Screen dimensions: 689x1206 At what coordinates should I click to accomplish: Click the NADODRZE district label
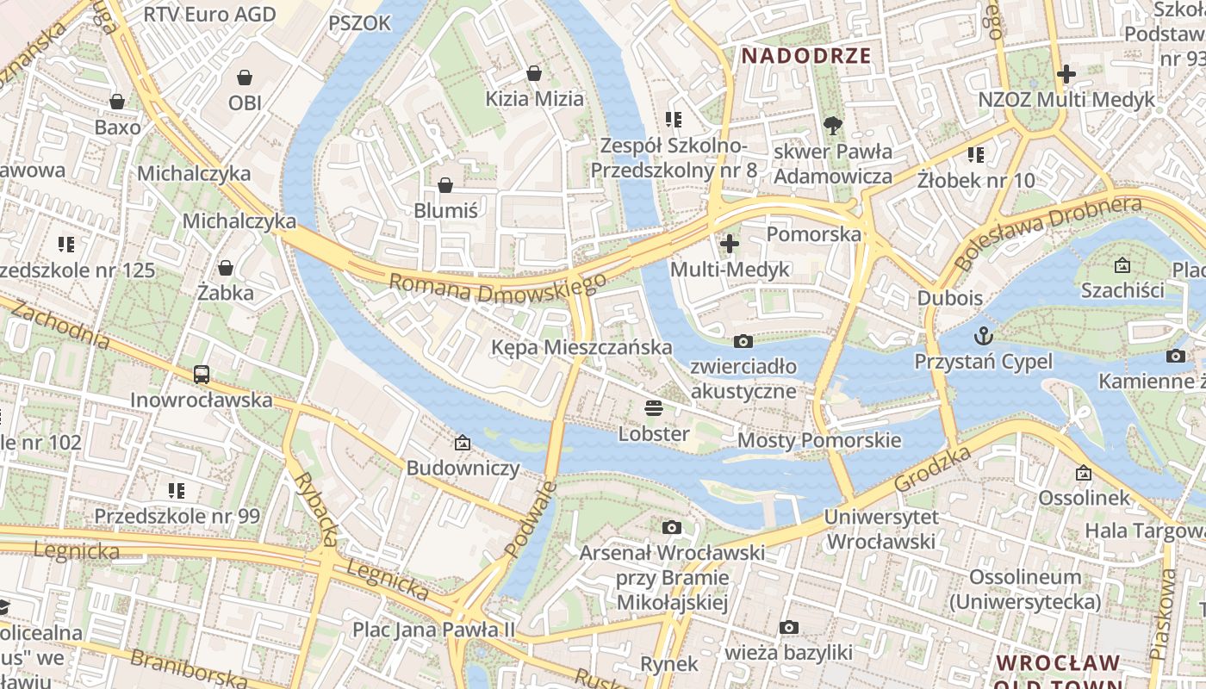pos(806,57)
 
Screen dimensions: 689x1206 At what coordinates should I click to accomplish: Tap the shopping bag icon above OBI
pos(245,78)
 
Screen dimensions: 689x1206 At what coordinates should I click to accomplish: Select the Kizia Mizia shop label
pos(534,98)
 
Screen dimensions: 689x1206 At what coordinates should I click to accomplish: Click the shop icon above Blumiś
pos(445,185)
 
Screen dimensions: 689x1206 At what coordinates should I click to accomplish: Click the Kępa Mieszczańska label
pos(581,347)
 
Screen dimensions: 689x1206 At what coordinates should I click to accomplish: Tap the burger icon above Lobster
pos(654,408)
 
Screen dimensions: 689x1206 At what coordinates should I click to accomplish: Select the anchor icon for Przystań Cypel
pos(983,335)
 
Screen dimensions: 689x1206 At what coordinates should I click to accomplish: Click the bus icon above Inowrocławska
pos(202,375)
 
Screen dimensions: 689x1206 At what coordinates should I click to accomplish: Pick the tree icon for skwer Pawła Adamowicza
pos(832,127)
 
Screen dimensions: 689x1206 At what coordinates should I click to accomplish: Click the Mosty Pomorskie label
pos(819,441)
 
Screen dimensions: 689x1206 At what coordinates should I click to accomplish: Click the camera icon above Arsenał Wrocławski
pos(672,527)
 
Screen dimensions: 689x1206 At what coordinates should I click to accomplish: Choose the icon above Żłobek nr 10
pos(975,155)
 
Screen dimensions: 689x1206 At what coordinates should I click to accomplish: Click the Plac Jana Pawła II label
pos(433,629)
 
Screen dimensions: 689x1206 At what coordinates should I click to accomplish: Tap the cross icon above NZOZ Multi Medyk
pos(1066,74)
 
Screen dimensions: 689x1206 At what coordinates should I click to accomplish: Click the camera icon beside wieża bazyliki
pos(788,627)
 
